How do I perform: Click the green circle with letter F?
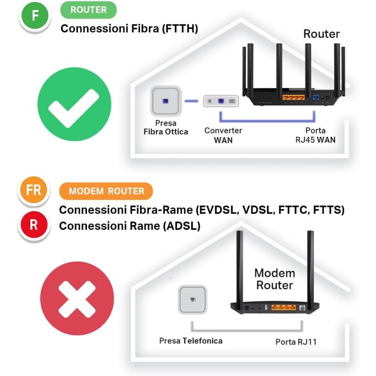pyautogui.click(x=34, y=16)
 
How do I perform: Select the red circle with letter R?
pyautogui.click(x=33, y=225)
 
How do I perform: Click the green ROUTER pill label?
pyautogui.click(x=88, y=10)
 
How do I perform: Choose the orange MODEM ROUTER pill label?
pyautogui.click(x=106, y=191)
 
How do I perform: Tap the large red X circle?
pyautogui.click(x=77, y=298)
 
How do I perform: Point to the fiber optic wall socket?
pyautogui.click(x=165, y=101)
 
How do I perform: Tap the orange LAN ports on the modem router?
pyautogui.click(x=283, y=307)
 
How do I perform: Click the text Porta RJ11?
pyautogui.click(x=296, y=342)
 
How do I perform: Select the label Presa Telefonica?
pyautogui.click(x=191, y=340)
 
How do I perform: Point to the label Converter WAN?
pyautogui.click(x=223, y=135)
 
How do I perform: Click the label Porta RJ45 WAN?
pyautogui.click(x=315, y=135)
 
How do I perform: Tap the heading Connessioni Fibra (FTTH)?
pyautogui.click(x=129, y=29)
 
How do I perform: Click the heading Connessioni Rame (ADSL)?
pyautogui.click(x=130, y=226)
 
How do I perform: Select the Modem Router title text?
pyautogui.click(x=274, y=279)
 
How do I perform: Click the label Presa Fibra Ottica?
pyautogui.click(x=165, y=128)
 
